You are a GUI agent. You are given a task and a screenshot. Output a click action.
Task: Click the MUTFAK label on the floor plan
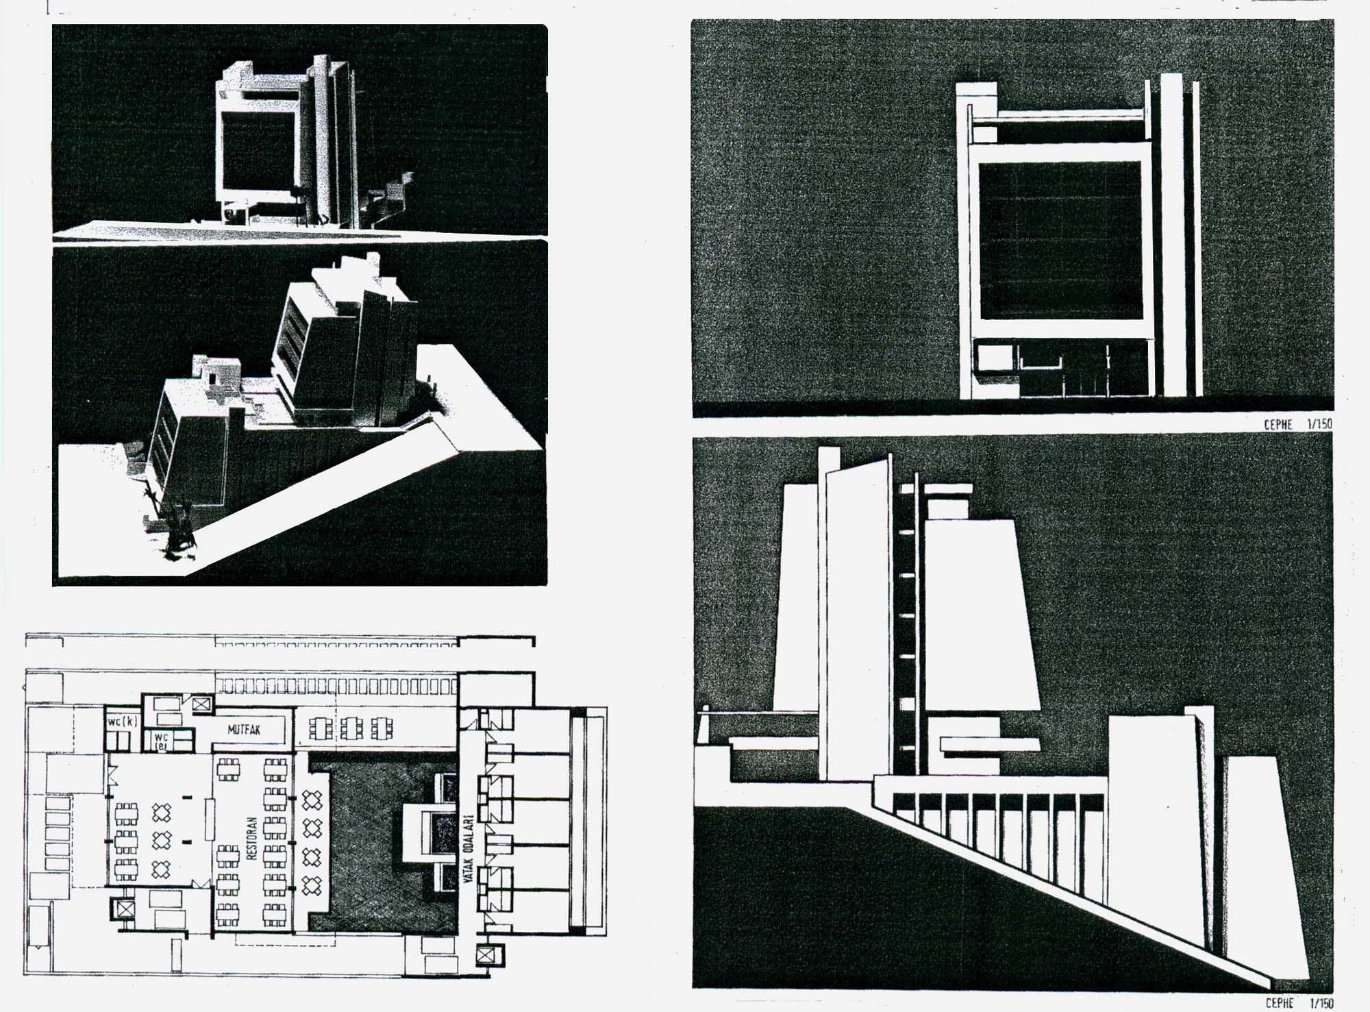pos(244,730)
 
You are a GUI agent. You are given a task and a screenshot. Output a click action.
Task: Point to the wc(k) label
pos(122,721)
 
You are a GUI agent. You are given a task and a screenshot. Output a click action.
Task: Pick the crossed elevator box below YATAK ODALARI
pos(486,954)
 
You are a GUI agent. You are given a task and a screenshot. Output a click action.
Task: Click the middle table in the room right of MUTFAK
pos(351,728)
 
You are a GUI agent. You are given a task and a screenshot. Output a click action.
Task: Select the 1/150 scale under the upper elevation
pos(1319,424)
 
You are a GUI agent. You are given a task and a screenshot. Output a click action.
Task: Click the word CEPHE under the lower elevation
pos(1279,1003)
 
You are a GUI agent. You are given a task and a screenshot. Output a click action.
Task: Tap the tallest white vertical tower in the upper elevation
pos(1171,233)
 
